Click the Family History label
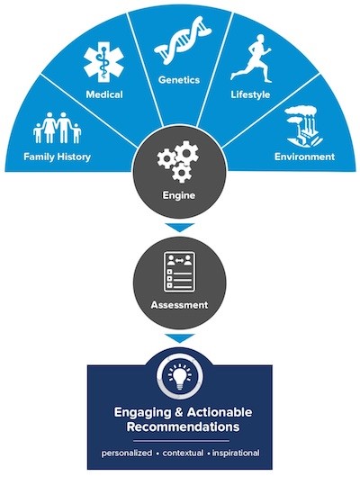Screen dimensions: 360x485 click(57, 157)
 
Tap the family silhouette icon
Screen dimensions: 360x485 click(58, 128)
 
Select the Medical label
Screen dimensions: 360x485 click(104, 94)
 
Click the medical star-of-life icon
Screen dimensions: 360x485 click(103, 64)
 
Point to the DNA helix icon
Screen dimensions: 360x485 click(183, 40)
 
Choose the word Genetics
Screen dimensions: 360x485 click(179, 80)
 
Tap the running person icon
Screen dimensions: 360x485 click(251, 58)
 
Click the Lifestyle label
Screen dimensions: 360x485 click(250, 94)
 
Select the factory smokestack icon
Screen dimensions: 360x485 click(303, 127)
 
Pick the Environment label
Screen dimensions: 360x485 click(304, 157)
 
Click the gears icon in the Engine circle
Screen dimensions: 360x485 click(178, 162)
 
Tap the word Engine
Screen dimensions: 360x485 click(179, 195)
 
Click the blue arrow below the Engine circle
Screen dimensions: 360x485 click(180, 228)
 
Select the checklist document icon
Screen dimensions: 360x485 click(179, 272)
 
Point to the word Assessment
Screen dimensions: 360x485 click(179, 305)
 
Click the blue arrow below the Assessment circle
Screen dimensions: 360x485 click(180, 338)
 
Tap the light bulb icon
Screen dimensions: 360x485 click(180, 377)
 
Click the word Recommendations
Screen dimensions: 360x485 click(183, 427)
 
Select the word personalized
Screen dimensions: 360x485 click(127, 454)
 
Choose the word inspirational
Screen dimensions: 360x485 click(236, 453)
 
